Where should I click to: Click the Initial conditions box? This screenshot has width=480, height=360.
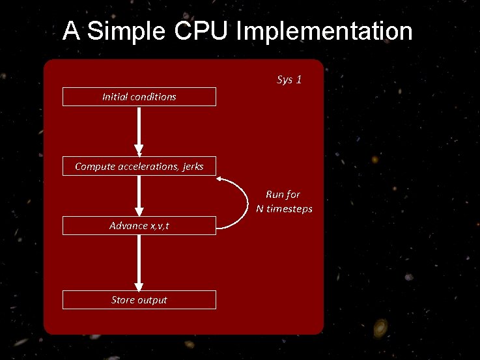click(x=139, y=97)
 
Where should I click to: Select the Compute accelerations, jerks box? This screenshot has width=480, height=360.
click(x=139, y=167)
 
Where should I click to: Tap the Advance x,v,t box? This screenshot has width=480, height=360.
click(x=139, y=226)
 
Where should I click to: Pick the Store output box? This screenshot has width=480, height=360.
click(x=139, y=300)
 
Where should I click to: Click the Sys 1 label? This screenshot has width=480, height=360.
click(x=289, y=80)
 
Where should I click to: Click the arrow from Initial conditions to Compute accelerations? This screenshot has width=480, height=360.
click(x=139, y=130)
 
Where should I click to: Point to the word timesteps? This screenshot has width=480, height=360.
click(x=291, y=209)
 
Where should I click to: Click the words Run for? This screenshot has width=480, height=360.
click(x=283, y=194)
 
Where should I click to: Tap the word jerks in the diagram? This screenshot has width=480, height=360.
click(x=193, y=167)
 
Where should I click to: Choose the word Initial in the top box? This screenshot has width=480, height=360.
click(x=115, y=97)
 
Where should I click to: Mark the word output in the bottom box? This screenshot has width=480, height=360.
click(x=152, y=300)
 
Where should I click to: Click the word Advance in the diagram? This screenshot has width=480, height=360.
click(x=128, y=226)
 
